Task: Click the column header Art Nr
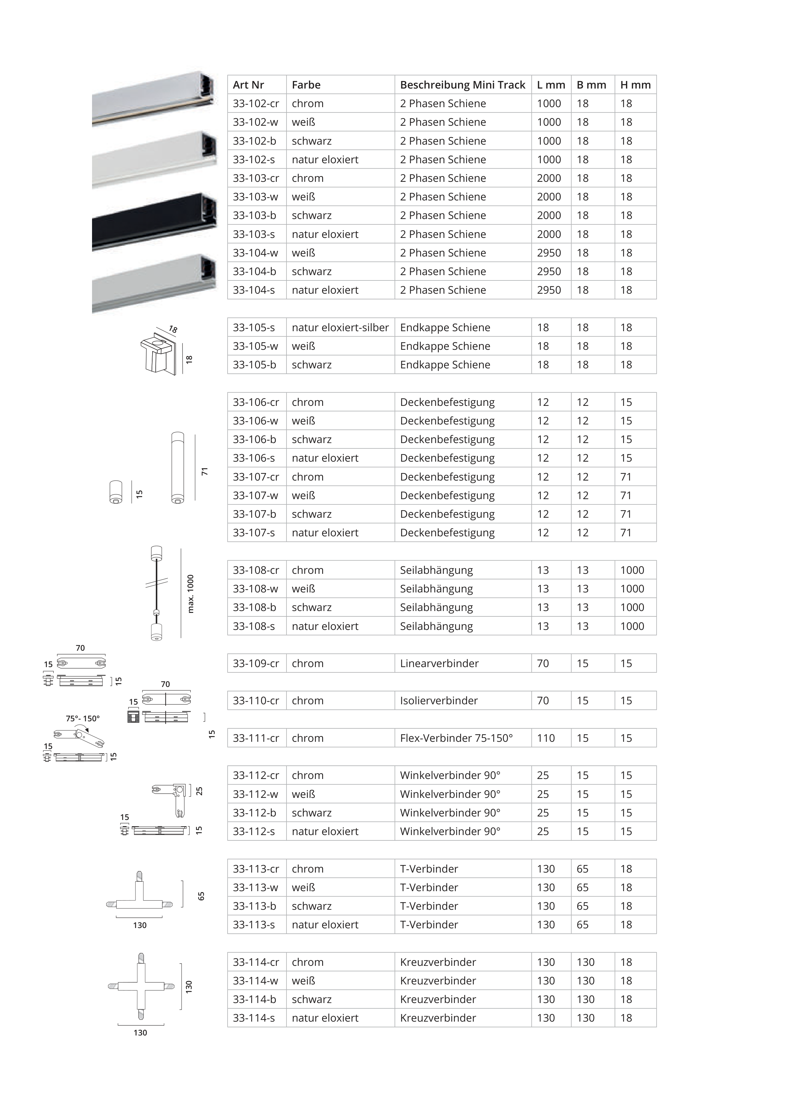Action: [x=248, y=85]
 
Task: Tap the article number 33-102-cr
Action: [x=256, y=103]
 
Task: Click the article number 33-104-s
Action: [x=254, y=290]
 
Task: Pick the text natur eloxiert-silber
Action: [x=340, y=328]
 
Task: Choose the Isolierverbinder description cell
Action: [x=438, y=701]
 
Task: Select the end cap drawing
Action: [x=159, y=352]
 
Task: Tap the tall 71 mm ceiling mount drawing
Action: [x=177, y=467]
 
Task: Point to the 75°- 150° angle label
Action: [x=83, y=718]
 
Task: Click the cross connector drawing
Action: [x=141, y=986]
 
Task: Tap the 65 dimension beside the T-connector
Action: [x=201, y=896]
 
